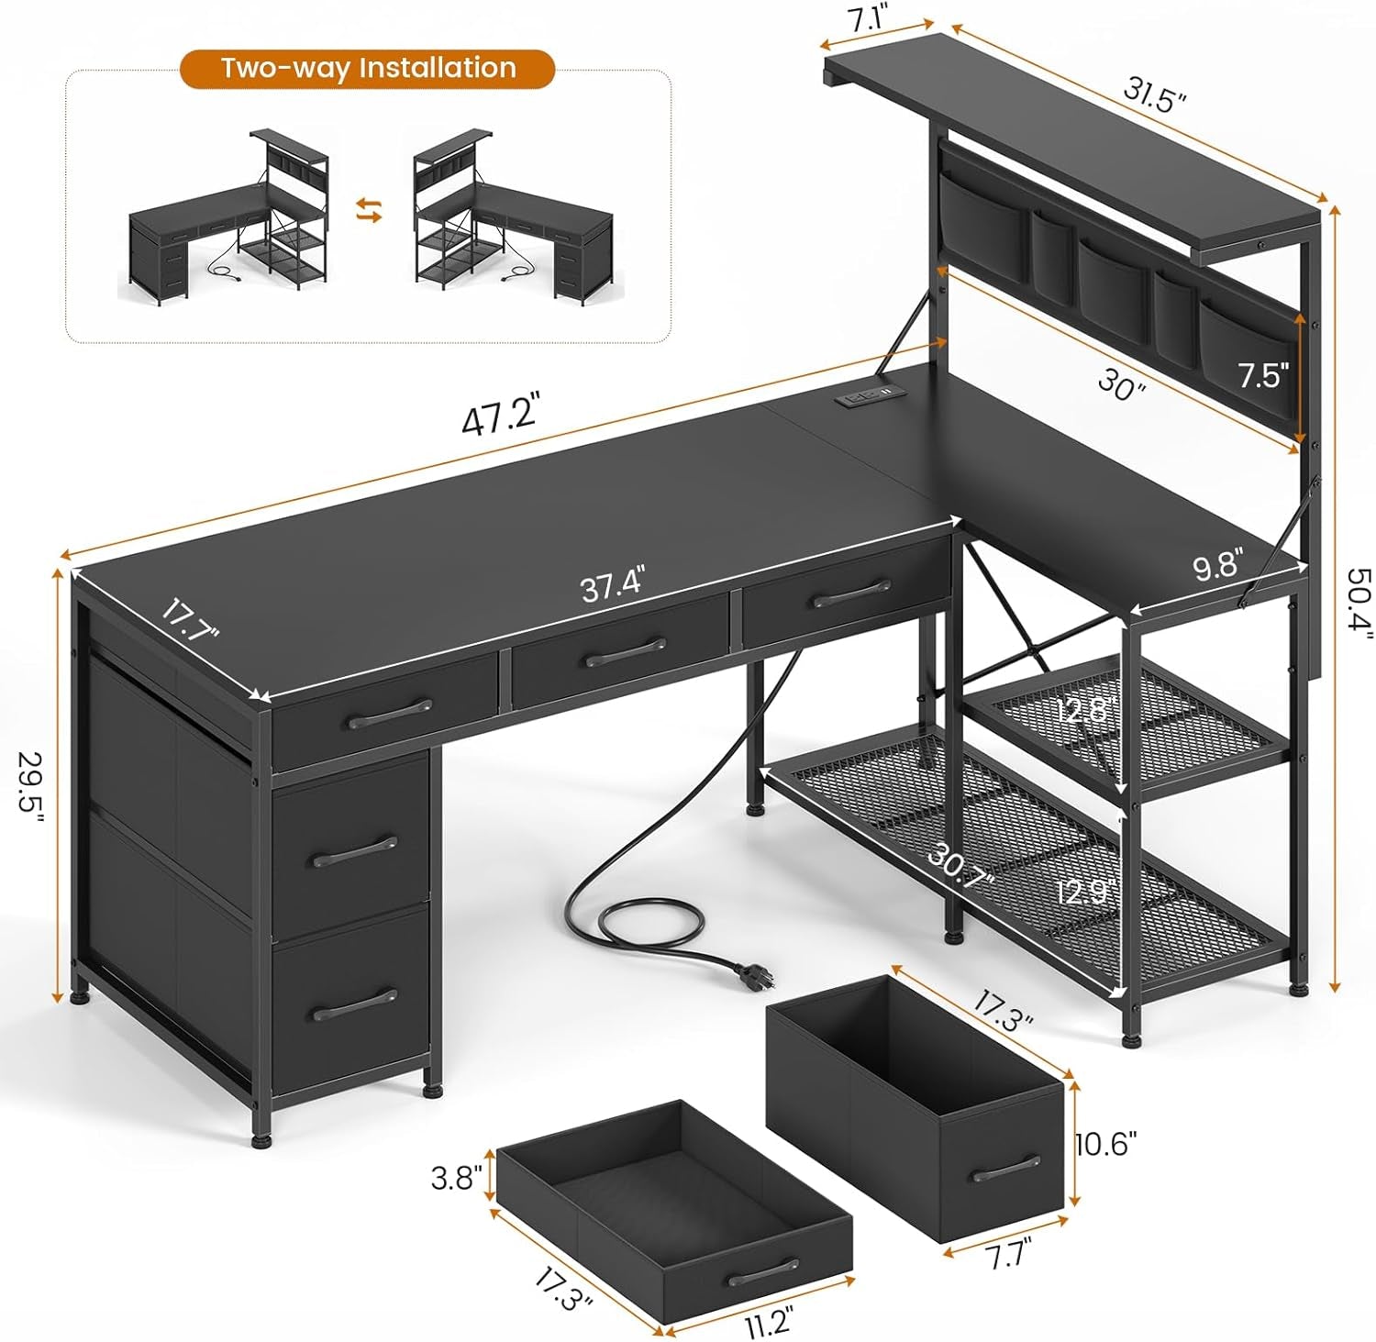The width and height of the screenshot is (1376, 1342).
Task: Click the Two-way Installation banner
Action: coord(367,69)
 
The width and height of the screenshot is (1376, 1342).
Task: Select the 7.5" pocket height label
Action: coord(1263,376)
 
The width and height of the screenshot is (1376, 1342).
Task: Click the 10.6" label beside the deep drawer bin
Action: coord(1106,1144)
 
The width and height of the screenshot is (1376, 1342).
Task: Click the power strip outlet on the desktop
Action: coord(860,399)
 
